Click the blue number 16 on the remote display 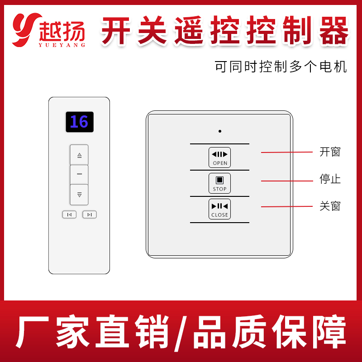(x=79, y=122)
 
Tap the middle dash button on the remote (x=79, y=174)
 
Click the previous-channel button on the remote (x=69, y=214)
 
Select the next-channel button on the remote (x=90, y=214)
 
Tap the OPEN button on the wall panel (x=219, y=157)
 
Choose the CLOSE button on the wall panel (x=219, y=209)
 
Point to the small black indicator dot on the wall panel (x=220, y=131)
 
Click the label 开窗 (x=330, y=152)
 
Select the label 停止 (x=330, y=179)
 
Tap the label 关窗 (x=330, y=206)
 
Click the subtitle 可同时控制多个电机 (x=281, y=67)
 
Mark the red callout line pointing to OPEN (x=287, y=152)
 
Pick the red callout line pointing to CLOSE (x=287, y=206)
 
